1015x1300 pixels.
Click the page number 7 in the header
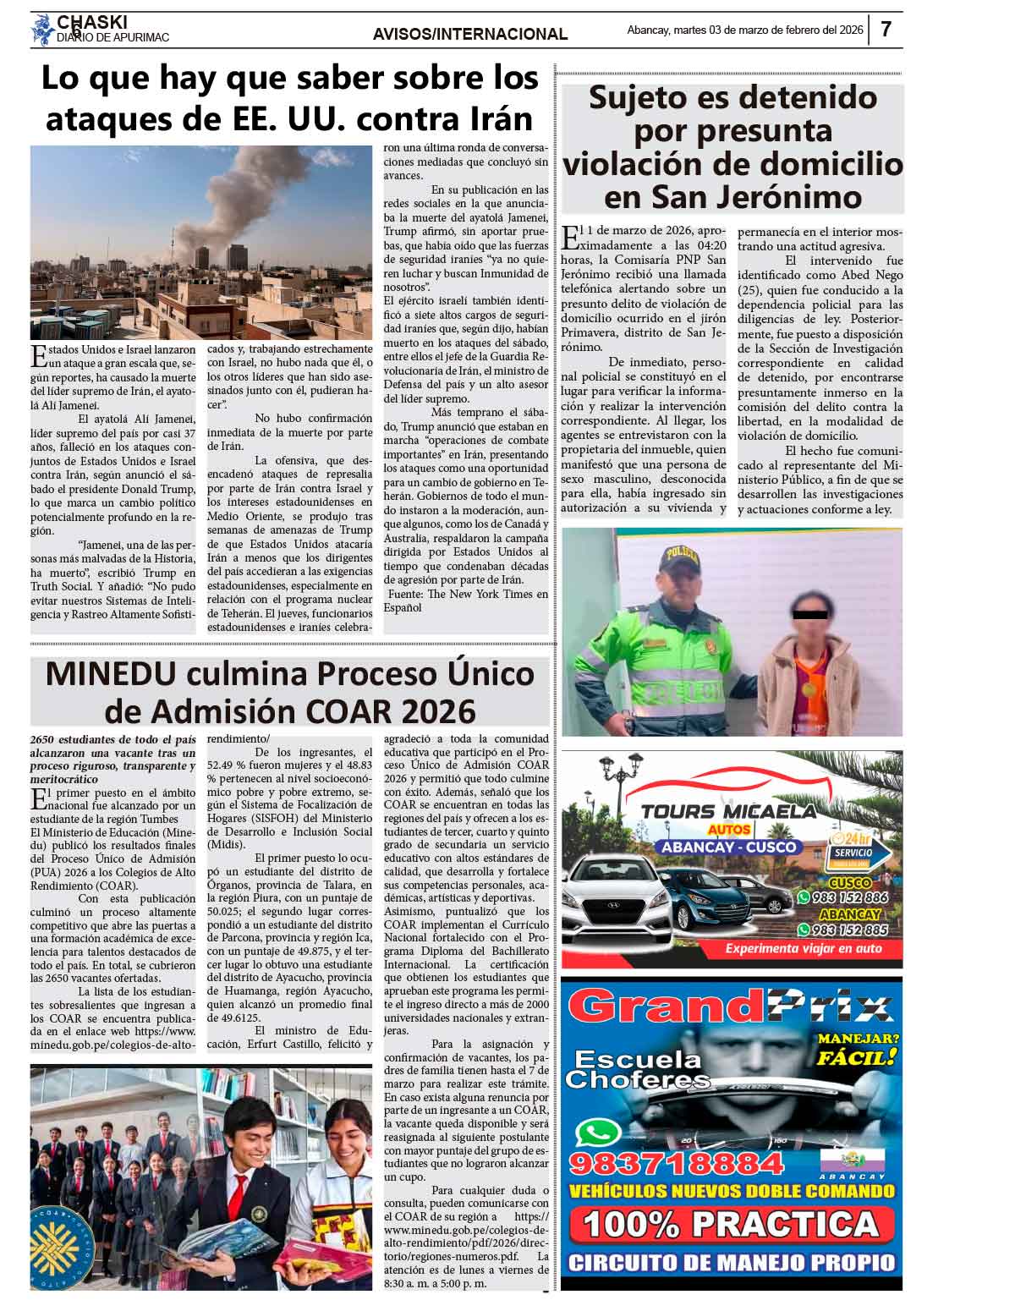click(x=886, y=30)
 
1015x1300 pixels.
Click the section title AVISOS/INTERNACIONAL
click(x=470, y=34)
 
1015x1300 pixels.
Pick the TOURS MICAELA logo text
click(x=728, y=812)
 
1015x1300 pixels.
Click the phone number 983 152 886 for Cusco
click(x=848, y=897)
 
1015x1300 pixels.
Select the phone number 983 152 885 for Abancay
click(x=848, y=930)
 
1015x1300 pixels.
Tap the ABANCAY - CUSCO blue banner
click(x=728, y=847)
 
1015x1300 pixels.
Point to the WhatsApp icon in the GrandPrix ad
click(x=598, y=1132)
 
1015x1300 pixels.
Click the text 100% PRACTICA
click(x=730, y=1224)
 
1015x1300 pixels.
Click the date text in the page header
click(x=744, y=30)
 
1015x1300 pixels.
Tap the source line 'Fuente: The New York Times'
click(x=465, y=594)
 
